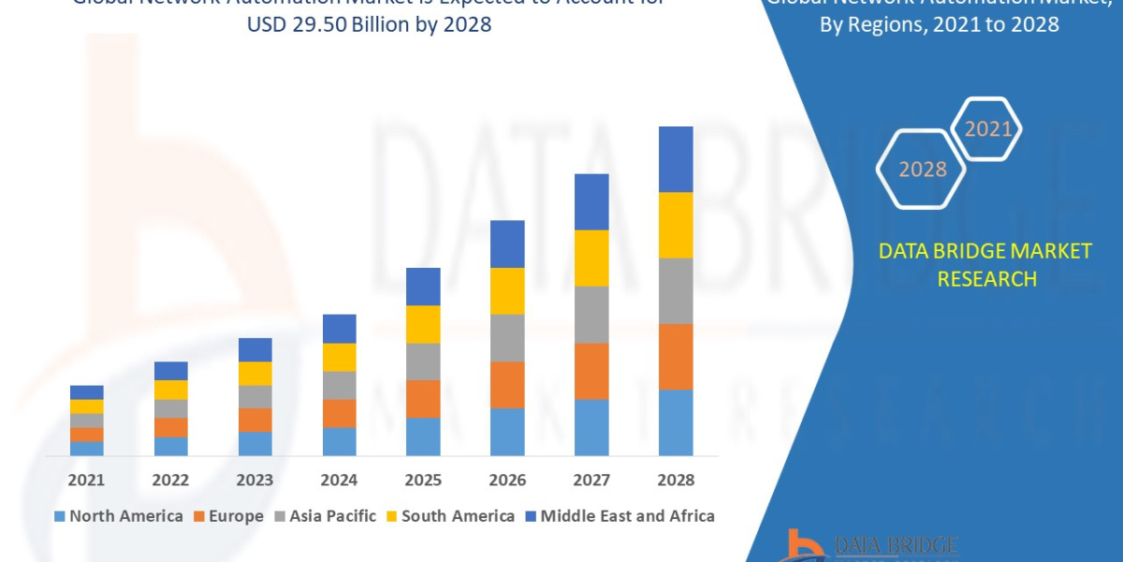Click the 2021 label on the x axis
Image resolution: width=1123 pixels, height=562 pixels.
click(86, 480)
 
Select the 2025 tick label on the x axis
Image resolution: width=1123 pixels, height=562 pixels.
click(423, 480)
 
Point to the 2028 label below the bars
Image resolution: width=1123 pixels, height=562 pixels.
click(676, 480)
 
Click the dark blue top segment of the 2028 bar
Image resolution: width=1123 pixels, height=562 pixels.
click(676, 159)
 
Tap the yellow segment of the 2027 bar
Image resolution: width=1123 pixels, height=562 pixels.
click(591, 258)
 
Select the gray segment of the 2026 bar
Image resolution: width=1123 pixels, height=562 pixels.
click(507, 337)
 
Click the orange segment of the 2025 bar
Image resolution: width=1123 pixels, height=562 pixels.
click(423, 398)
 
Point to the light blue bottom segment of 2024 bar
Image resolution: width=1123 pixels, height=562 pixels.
click(339, 441)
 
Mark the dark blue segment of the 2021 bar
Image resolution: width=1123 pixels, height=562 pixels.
click(86, 392)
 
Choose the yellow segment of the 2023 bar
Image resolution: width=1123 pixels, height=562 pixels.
click(255, 373)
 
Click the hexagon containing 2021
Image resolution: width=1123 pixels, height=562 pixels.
click(986, 128)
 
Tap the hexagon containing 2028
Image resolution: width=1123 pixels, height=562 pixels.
click(922, 170)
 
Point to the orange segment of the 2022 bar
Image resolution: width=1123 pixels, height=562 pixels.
click(170, 427)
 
